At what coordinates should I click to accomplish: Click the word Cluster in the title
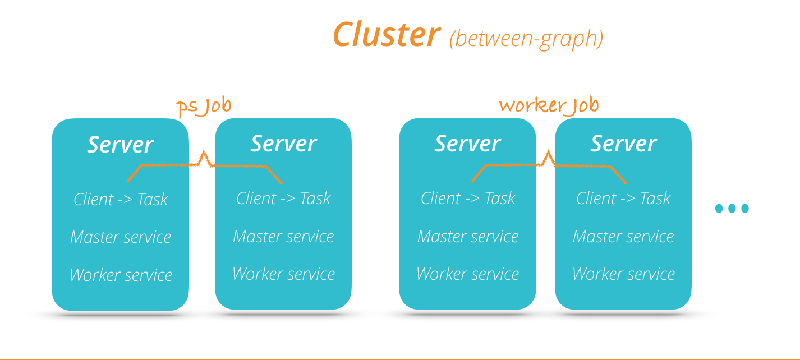386,35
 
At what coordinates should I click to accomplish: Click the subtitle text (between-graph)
526,38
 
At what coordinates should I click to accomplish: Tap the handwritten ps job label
204,106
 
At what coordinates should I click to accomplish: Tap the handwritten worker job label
549,105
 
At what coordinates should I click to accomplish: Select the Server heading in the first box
120,145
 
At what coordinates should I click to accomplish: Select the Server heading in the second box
283,144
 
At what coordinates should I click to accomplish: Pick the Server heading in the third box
467,144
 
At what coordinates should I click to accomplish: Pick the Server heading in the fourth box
623,144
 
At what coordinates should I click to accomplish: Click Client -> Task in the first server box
121,199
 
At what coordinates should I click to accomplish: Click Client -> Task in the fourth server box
623,198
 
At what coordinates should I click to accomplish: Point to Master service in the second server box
283,236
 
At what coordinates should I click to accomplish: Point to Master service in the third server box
467,236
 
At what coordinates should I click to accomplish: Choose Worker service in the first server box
121,275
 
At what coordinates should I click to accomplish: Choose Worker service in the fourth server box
623,274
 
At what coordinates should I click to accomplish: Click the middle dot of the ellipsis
732,209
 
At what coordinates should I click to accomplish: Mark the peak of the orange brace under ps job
204,152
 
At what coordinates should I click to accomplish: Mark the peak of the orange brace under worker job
548,152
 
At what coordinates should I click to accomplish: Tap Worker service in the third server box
467,274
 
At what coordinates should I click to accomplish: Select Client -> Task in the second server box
283,198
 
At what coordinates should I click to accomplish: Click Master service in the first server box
121,237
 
